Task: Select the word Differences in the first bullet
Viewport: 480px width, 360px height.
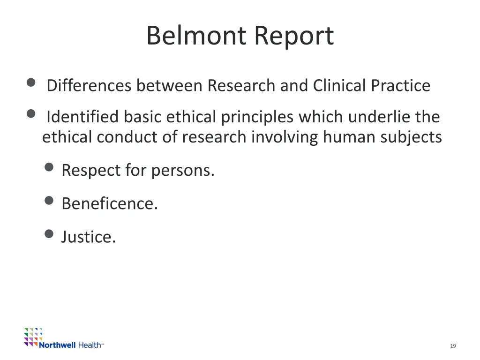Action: (x=89, y=86)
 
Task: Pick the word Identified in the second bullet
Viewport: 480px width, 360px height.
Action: (x=82, y=116)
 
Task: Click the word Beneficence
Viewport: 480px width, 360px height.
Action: (x=110, y=203)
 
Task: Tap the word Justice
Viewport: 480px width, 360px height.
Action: (x=88, y=237)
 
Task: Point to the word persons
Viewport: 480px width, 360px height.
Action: (x=183, y=171)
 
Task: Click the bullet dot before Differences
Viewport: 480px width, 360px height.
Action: (x=31, y=83)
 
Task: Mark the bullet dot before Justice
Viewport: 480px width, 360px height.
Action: (x=49, y=233)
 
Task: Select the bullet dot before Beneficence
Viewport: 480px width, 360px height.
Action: (x=49, y=200)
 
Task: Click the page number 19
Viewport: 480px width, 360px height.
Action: (x=453, y=346)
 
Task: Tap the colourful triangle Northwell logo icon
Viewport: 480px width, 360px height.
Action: (x=33, y=336)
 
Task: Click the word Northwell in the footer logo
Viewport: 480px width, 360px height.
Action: (x=57, y=345)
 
